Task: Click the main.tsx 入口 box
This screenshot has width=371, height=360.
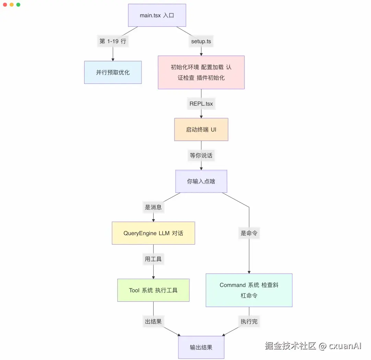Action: [x=157, y=15]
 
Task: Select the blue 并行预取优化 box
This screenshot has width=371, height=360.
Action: [x=113, y=72]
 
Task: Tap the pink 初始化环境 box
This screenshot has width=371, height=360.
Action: [x=201, y=72]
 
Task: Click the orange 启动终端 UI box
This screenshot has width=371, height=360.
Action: [x=201, y=130]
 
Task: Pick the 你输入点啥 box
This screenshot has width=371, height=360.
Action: [x=201, y=181]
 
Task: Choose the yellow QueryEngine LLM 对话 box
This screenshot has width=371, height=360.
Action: [x=153, y=233]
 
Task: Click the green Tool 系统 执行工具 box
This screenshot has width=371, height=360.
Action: [x=153, y=290]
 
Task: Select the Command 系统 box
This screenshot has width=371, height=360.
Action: [x=249, y=290]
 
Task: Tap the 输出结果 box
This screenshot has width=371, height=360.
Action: [x=201, y=347]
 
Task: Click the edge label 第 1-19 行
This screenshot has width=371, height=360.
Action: [x=113, y=41]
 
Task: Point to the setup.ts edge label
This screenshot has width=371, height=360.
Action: [x=201, y=41]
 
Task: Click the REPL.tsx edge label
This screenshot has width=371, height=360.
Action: [x=201, y=103]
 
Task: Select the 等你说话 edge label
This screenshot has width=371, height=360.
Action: [x=201, y=155]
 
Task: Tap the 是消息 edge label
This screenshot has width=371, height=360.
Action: [x=153, y=207]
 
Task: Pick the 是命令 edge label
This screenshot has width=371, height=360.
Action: [x=249, y=233]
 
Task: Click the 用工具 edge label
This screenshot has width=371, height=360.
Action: [x=153, y=259]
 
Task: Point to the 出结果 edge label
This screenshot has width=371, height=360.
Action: [x=153, y=322]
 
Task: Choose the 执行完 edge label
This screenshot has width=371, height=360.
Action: [x=249, y=322]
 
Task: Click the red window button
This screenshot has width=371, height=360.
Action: [x=5, y=5]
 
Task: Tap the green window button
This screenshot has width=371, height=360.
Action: [x=18, y=5]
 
